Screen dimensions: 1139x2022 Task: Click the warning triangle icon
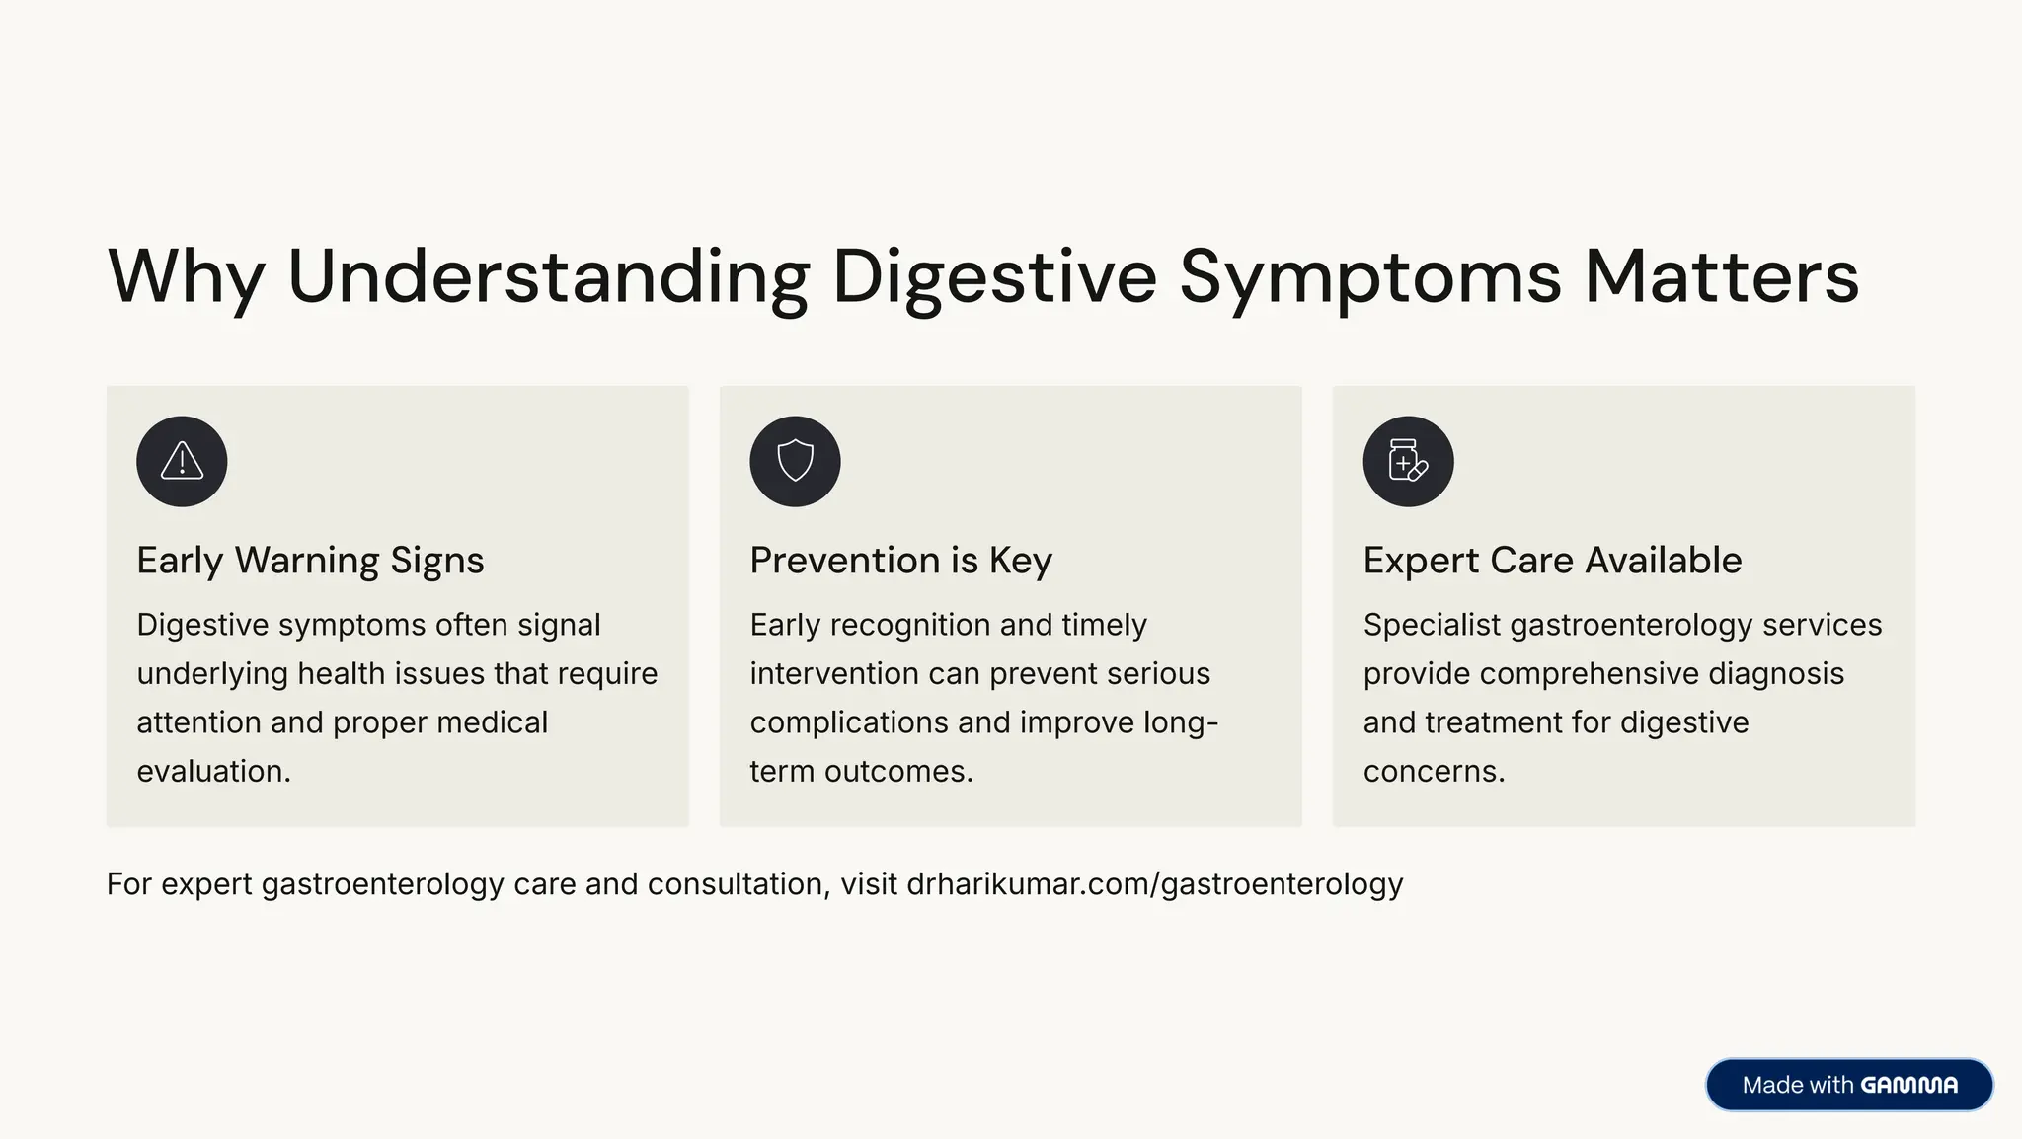click(x=182, y=461)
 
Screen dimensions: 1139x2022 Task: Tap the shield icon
click(x=795, y=461)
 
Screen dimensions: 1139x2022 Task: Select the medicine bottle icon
click(x=1408, y=461)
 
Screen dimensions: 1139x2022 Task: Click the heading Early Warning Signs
click(x=310, y=560)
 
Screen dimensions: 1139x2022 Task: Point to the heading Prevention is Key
click(x=900, y=560)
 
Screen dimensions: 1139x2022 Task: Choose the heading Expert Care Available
click(x=1552, y=560)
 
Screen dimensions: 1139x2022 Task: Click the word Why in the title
click(x=186, y=277)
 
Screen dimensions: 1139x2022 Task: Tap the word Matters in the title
click(x=1722, y=277)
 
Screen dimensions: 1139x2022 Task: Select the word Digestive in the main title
click(x=994, y=277)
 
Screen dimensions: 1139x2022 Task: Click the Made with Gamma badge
click(x=1849, y=1085)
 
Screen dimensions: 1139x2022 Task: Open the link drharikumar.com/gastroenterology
click(x=1154, y=883)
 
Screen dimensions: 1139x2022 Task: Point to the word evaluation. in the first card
click(x=213, y=771)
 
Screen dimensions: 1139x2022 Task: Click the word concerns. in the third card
click(x=1434, y=771)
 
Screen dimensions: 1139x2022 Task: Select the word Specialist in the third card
click(x=1432, y=625)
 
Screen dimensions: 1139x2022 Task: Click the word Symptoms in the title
click(x=1370, y=277)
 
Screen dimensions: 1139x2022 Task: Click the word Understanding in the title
click(x=548, y=277)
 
